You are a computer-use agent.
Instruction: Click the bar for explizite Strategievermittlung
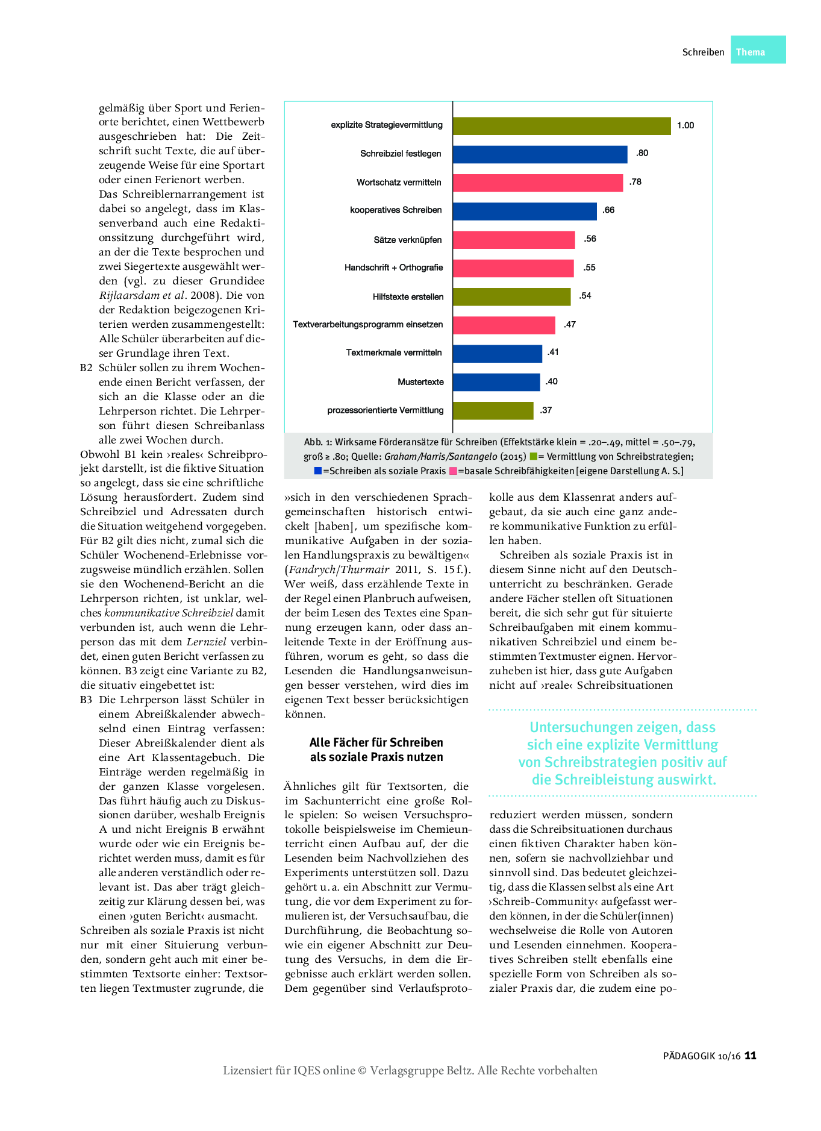(x=561, y=125)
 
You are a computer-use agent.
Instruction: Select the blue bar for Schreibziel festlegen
(x=540, y=154)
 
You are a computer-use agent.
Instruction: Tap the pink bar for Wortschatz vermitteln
(x=537, y=183)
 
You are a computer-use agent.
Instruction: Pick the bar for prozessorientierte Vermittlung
(x=493, y=410)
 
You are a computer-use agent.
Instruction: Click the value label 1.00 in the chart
(x=685, y=125)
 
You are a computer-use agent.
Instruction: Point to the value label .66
(x=608, y=210)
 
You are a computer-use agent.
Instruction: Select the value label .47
(x=570, y=324)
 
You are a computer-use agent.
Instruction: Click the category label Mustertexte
(x=420, y=382)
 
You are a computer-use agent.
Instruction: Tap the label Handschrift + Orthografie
(x=393, y=268)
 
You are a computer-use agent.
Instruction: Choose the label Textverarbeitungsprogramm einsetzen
(x=367, y=324)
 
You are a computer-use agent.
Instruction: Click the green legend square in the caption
(x=533, y=457)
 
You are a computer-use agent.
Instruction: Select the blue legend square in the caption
(x=317, y=471)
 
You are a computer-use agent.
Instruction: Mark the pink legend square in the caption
(x=453, y=471)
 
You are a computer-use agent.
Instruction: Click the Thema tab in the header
(x=751, y=52)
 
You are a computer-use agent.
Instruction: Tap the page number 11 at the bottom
(x=750, y=1055)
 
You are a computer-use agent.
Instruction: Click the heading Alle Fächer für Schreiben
(x=376, y=742)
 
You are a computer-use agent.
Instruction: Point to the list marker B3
(x=86, y=700)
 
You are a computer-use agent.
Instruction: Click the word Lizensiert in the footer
(x=248, y=1070)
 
